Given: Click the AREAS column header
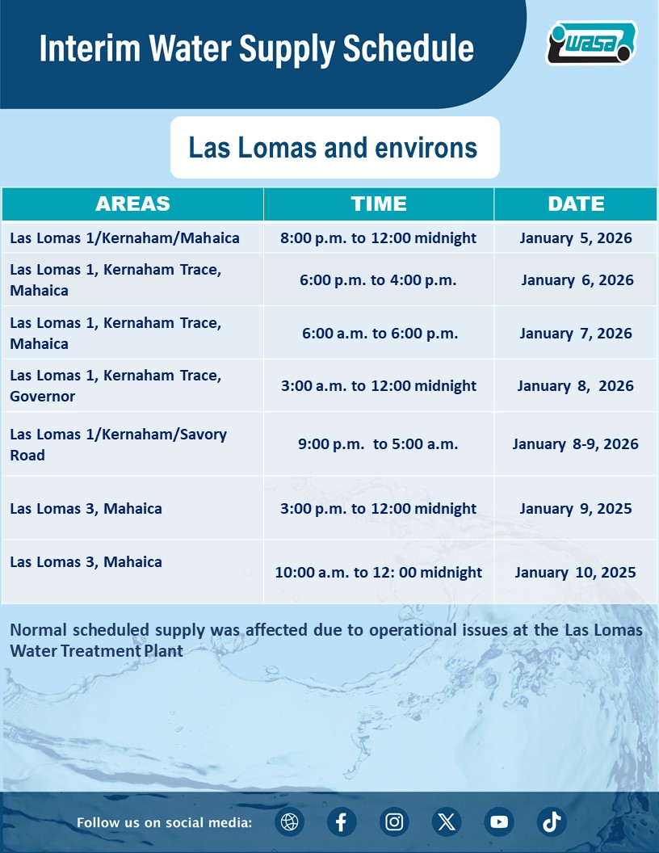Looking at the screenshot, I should click(x=132, y=204).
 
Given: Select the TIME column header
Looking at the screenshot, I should click(x=379, y=204).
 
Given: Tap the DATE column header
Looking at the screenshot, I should click(x=576, y=204).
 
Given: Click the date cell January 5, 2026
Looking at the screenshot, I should click(x=576, y=238).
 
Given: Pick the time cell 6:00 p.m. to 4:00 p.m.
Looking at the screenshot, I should click(x=378, y=280).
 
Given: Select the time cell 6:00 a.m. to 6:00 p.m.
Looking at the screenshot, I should click(x=378, y=334).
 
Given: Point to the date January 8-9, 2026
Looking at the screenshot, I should click(x=576, y=444).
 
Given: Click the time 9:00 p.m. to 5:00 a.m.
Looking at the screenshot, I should click(x=378, y=444).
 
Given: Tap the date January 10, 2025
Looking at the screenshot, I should click(x=576, y=573).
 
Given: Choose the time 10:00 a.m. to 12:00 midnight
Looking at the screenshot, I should click(x=378, y=573).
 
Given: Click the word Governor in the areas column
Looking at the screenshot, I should click(x=43, y=397).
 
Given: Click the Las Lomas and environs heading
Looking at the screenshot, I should click(x=333, y=148).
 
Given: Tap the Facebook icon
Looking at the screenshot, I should click(x=342, y=822).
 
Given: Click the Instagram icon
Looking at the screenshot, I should click(x=394, y=822).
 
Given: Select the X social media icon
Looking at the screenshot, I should click(x=447, y=822).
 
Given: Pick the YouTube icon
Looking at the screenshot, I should click(x=499, y=822).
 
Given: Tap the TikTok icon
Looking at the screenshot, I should click(x=552, y=822).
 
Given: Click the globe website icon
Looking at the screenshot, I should click(x=289, y=822).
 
